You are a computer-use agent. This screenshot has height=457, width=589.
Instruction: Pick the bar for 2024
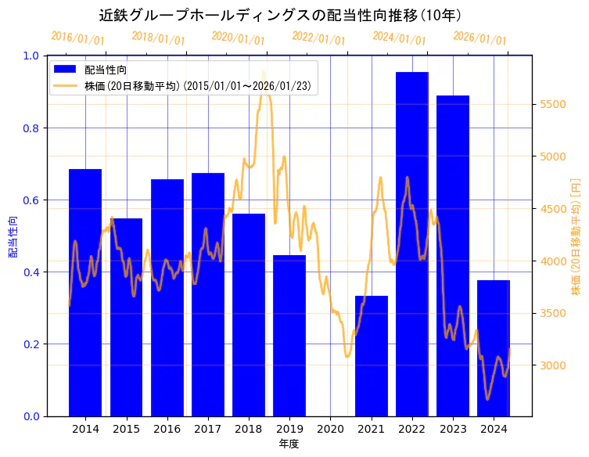494,348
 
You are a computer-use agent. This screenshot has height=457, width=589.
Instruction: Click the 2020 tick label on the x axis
330,429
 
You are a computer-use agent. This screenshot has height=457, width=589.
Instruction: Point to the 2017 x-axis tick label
208,429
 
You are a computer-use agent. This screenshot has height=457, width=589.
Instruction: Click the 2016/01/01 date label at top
77,38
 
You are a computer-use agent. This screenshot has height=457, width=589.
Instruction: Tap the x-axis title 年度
289,444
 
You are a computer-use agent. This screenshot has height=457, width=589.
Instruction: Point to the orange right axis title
576,236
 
